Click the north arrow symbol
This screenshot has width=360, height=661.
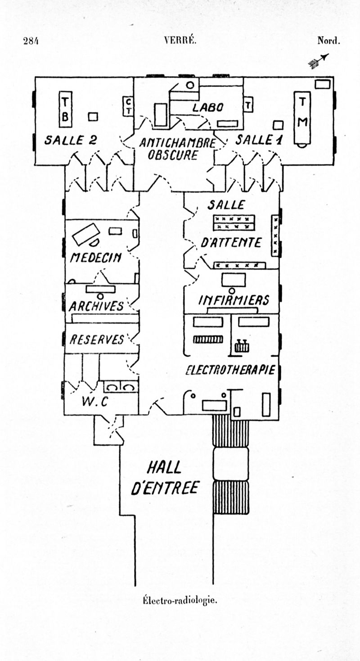[319, 60]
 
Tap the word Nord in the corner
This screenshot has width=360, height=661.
[328, 41]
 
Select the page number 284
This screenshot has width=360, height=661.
[31, 41]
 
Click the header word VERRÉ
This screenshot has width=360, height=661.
[180, 41]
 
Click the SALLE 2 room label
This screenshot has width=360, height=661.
[70, 140]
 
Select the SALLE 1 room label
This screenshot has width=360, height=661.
[259, 140]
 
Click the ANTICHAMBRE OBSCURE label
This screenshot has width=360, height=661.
[176, 149]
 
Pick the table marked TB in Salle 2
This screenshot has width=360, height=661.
[65, 109]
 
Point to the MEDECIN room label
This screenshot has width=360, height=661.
[95, 258]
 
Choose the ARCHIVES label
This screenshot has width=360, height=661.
[96, 306]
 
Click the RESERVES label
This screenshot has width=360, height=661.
[96, 339]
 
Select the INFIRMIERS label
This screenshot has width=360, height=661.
[234, 300]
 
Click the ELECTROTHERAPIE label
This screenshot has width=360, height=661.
[230, 370]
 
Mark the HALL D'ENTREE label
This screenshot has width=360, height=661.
[165, 478]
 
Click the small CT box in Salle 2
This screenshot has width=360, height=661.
[128, 106]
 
